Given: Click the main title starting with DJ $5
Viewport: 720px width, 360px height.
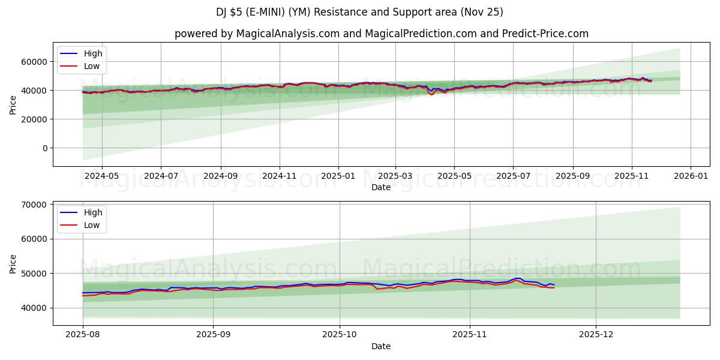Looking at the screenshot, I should (360, 12).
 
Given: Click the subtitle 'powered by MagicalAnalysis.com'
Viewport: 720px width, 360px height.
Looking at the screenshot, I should (381, 34).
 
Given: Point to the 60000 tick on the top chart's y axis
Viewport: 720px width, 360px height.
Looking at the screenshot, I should (35, 62).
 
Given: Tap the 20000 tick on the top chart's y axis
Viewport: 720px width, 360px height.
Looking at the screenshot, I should (35, 119).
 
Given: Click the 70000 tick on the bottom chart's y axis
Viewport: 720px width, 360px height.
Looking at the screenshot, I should (35, 205).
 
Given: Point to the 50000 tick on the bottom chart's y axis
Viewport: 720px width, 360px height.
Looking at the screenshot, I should (35, 274).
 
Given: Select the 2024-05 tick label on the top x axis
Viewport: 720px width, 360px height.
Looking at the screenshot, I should (101, 176).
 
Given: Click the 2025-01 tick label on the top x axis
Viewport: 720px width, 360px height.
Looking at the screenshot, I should (338, 176).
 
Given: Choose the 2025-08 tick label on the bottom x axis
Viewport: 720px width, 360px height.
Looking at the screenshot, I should (83, 335).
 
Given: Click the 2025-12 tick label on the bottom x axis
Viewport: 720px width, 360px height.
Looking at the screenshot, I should (596, 335).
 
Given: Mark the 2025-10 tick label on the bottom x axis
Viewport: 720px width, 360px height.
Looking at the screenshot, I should (340, 335).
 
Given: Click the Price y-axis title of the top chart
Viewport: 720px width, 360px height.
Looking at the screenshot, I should (13, 104).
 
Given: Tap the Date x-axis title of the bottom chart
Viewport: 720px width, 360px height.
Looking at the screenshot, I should (381, 346).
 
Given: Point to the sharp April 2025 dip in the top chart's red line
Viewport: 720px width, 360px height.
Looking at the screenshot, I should (431, 94).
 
